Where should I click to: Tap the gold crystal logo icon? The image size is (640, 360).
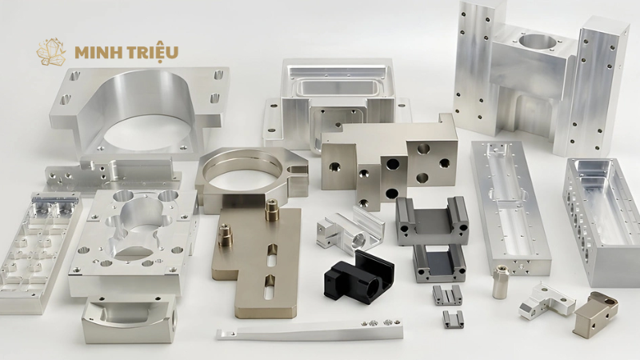pos(51,53)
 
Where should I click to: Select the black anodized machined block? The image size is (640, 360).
pos(358,276)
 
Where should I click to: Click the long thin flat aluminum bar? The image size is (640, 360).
pos(310,329)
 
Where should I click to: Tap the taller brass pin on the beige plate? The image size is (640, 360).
pos(270,209)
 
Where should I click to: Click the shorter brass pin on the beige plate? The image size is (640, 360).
pos(225,236)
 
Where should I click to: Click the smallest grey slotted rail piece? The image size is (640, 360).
pos(454,319)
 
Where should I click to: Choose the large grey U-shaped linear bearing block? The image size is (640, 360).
pos(432,221)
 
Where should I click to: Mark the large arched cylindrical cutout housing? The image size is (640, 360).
pos(138,110)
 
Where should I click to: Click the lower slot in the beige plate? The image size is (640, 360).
pos(270,287)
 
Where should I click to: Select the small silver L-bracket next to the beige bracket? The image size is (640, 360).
pos(546,301)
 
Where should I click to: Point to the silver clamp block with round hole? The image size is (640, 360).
pos(350,229)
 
